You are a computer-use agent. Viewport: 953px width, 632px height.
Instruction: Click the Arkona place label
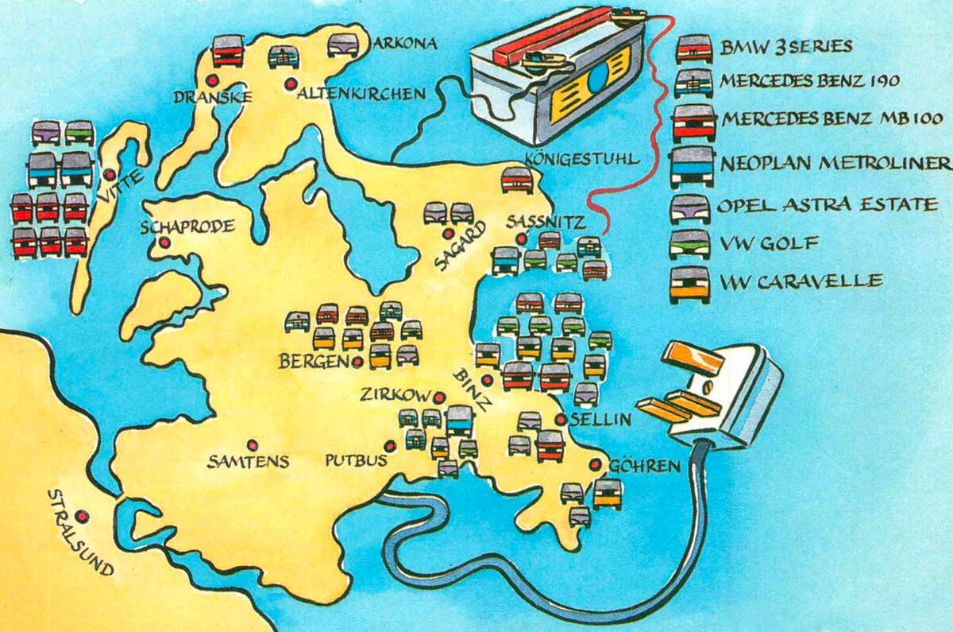pos(406,45)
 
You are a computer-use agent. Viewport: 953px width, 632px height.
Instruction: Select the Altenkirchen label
pos(361,94)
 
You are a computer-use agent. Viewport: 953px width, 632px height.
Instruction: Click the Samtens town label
pos(249,461)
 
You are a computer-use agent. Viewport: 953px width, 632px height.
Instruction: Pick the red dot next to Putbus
pos(390,446)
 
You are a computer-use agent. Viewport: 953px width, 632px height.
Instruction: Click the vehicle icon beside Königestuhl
pos(517,180)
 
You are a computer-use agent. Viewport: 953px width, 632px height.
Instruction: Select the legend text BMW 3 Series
pos(786,47)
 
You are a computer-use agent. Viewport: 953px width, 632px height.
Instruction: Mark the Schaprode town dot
pos(164,242)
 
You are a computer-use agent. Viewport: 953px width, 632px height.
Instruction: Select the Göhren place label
pos(645,466)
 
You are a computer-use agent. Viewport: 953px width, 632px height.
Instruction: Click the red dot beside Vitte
pos(108,175)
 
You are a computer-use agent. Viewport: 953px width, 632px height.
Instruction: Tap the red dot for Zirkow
pos(439,397)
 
